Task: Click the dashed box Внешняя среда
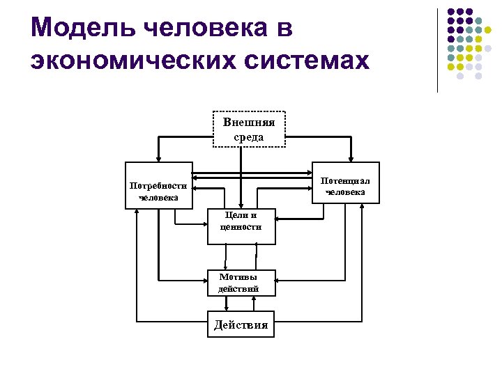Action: click(249, 130)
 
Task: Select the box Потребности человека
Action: click(158, 185)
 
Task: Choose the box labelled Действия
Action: click(241, 324)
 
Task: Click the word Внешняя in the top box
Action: click(249, 123)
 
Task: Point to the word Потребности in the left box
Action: click(158, 186)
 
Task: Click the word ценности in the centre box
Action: click(241, 227)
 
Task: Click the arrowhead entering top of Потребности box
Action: click(159, 158)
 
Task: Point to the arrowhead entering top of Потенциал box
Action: click(350, 158)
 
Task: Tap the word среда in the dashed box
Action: click(249, 137)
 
